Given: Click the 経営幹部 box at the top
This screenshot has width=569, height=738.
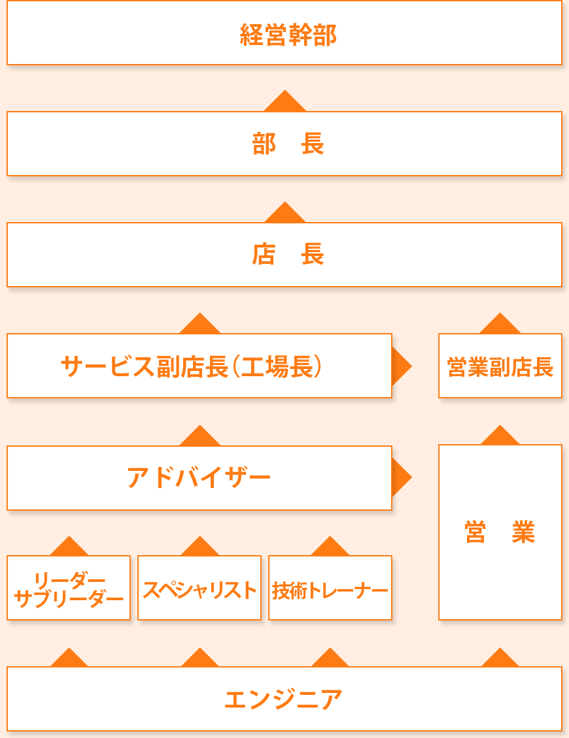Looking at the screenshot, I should (x=284, y=33).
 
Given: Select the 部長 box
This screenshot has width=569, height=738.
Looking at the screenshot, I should (x=284, y=144).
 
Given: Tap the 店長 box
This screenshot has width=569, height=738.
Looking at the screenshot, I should (x=284, y=255).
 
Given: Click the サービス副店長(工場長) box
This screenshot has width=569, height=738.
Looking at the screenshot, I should (x=199, y=366).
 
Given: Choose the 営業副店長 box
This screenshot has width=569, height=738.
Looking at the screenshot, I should (x=500, y=366).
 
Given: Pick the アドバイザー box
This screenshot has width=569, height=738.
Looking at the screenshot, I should (x=199, y=478).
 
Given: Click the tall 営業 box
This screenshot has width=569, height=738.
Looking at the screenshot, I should (x=500, y=532).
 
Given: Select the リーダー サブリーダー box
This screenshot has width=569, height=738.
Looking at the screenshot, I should (x=69, y=588).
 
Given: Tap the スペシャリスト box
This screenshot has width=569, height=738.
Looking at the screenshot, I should (x=199, y=588).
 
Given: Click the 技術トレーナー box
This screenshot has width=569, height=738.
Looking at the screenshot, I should (x=330, y=588).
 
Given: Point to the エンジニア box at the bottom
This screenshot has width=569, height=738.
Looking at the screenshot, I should (x=284, y=699).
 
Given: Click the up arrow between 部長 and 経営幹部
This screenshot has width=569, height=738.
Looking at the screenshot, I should (x=284, y=103).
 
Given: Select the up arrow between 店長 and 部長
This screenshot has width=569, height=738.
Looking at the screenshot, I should (x=284, y=214).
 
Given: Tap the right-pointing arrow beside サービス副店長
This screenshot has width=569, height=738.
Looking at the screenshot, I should (x=400, y=366).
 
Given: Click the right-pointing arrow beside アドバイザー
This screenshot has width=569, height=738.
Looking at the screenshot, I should (x=400, y=478).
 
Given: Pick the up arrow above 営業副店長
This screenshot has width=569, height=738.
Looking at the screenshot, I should (x=500, y=325).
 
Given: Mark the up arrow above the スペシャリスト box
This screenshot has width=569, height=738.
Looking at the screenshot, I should (x=199, y=547).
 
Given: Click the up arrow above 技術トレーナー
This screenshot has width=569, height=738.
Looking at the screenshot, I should (x=330, y=547).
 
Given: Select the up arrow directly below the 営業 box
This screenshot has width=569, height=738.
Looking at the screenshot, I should (x=500, y=658).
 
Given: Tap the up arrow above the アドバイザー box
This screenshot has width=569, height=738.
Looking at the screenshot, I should (x=199, y=437).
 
